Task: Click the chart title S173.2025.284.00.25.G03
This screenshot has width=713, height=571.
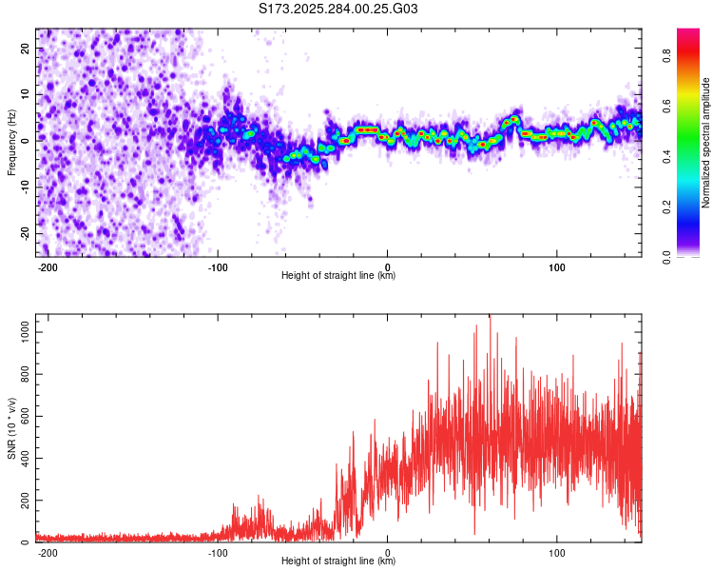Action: tap(339, 10)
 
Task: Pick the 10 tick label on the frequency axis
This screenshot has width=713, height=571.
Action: tap(27, 93)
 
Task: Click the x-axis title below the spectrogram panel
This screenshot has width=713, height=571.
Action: tap(338, 276)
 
